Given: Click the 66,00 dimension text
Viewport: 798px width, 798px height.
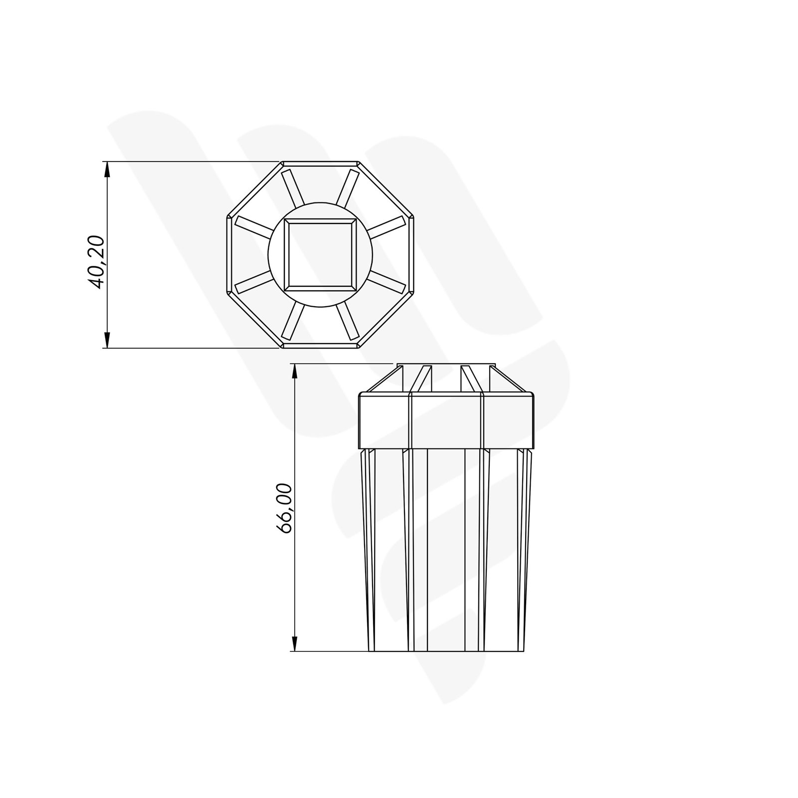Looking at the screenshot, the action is (x=286, y=508).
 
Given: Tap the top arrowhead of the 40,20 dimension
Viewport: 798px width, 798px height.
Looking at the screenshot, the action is (x=107, y=170).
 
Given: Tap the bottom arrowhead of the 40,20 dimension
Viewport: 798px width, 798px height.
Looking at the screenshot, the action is (x=107, y=340).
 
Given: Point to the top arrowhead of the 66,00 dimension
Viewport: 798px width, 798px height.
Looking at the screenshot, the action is (x=295, y=372).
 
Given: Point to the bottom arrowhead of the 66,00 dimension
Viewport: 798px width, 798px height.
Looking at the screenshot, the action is (x=295, y=643).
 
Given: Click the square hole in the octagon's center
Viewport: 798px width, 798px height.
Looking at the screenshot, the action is (x=320, y=255).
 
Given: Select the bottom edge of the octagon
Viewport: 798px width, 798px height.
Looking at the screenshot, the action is (x=320, y=346).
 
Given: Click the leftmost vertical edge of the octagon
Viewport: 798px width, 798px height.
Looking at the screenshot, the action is (x=229, y=255).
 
